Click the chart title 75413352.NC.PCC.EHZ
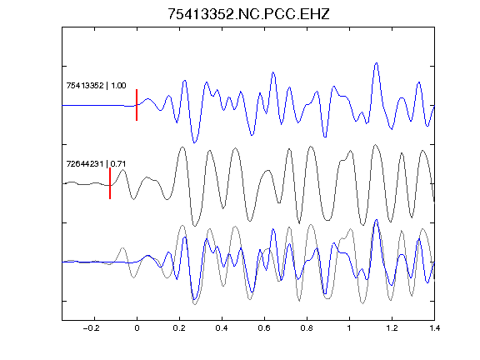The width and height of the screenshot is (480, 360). [x=248, y=14]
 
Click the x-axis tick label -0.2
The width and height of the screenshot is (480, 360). [x=92, y=328]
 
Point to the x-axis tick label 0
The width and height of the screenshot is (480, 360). [x=137, y=328]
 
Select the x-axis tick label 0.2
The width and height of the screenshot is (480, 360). [x=179, y=328]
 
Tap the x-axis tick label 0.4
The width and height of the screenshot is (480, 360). [x=222, y=328]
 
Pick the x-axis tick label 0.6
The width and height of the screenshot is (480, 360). [x=264, y=328]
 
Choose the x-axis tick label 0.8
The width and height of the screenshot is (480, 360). [x=307, y=328]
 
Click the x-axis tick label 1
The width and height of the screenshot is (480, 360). [x=349, y=328]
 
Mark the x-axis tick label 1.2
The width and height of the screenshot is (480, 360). [x=392, y=328]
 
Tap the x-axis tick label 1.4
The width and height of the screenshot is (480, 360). [x=434, y=328]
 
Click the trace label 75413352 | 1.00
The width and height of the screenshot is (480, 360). [x=96, y=86]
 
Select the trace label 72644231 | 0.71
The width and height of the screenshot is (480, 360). [x=96, y=164]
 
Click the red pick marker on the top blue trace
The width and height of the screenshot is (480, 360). [x=137, y=105]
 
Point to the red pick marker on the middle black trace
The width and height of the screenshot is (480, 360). [x=110, y=183]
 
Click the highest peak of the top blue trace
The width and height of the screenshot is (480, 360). [x=376, y=63]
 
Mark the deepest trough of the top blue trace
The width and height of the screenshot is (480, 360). [x=194, y=142]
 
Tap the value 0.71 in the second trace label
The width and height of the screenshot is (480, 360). [x=118, y=164]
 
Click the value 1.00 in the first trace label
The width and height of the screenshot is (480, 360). [x=118, y=86]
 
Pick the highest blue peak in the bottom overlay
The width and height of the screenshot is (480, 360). [x=376, y=220]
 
